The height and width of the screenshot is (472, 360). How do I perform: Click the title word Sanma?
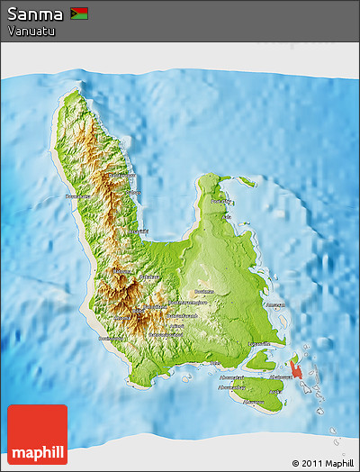point(35,14)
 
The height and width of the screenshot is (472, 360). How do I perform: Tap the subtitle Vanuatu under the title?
point(31,31)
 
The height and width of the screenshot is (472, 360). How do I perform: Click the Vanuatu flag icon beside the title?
point(79,14)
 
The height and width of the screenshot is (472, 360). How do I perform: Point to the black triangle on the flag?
point(74,14)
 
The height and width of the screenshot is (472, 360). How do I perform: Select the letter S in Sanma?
point(13,14)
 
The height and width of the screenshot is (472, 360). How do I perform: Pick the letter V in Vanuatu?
point(11,31)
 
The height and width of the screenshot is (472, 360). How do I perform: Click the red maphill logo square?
point(37,435)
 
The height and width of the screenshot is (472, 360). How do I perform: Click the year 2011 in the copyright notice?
point(311,463)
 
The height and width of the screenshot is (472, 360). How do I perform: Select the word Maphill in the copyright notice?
point(339,463)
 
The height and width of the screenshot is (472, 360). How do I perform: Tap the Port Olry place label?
point(220,202)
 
